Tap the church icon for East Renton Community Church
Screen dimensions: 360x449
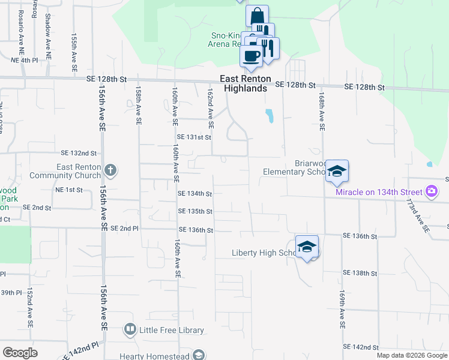[110, 170]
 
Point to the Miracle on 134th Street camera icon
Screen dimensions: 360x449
[431, 192]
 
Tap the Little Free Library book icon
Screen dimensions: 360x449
[130, 329]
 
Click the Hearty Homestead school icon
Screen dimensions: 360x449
[198, 355]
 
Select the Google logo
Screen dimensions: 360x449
[20, 353]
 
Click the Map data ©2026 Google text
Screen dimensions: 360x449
[412, 355]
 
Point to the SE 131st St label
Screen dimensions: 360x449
[194, 137]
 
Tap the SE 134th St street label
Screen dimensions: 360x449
[195, 194]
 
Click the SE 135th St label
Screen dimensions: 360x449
[195, 212]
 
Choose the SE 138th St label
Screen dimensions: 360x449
[360, 273]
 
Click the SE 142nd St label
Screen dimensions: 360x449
[361, 347]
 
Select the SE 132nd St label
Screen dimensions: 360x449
[79, 153]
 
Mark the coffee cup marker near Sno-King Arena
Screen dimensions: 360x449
[251, 56]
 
